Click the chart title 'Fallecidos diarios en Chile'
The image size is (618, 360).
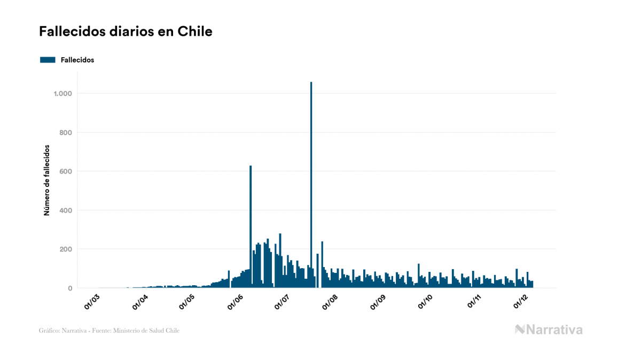[126, 32]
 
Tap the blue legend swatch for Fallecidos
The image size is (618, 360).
[48, 60]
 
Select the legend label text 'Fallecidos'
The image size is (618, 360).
[77, 60]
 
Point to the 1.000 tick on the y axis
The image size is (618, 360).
[63, 93]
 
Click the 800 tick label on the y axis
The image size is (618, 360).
[66, 132]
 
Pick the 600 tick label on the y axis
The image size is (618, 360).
[66, 171]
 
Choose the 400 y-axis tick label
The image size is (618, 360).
[66, 210]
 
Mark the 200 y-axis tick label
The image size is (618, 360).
[66, 249]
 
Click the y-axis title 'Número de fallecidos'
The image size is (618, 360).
[46, 180]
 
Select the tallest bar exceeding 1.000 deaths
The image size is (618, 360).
[311, 182]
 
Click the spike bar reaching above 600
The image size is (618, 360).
[251, 224]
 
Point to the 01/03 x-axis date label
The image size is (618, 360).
[92, 301]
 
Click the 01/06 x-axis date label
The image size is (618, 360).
[235, 301]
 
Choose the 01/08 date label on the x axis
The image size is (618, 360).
[330, 301]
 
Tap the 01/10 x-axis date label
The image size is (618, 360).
[426, 301]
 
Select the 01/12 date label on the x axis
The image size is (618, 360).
[521, 301]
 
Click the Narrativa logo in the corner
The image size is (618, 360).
[549, 330]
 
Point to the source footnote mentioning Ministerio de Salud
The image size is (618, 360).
[109, 331]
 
